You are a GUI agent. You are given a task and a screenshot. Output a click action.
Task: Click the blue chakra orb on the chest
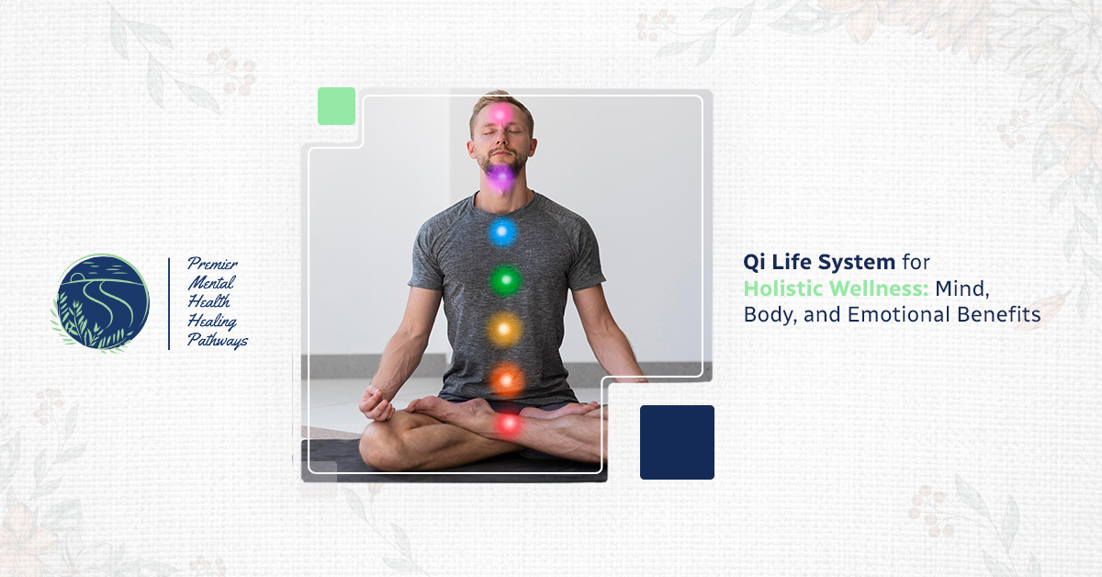502,232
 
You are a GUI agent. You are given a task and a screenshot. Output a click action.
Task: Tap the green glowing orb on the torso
505,280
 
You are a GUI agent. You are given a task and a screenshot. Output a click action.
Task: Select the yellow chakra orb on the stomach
503,329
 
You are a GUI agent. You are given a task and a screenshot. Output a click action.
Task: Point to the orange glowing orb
507,380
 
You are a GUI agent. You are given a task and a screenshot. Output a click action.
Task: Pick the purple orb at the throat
500,177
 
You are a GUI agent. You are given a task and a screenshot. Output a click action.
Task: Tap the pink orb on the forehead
500,115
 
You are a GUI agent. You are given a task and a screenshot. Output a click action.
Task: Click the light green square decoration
336,106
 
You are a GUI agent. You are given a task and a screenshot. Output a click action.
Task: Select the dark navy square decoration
677,442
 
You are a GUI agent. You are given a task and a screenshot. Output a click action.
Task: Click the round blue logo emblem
102,301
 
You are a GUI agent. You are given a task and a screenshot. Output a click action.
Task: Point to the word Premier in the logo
212,264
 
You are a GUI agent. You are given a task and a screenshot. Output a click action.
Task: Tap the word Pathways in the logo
218,340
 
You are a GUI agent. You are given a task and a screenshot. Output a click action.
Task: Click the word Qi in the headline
754,263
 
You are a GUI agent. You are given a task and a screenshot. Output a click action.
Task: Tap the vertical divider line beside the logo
169,304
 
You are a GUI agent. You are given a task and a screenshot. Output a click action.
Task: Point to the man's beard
500,160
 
